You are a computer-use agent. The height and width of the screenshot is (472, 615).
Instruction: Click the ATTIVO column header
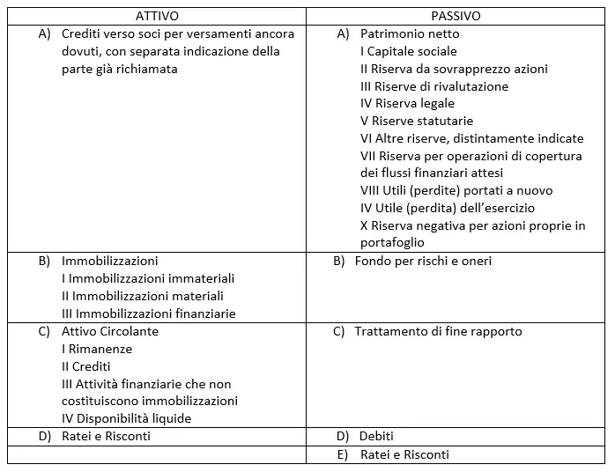[157, 16]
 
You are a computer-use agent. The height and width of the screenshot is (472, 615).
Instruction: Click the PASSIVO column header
[456, 16]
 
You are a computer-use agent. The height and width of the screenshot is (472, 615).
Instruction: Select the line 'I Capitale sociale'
[409, 51]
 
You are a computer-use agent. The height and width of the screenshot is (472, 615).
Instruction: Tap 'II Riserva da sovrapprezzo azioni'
[454, 69]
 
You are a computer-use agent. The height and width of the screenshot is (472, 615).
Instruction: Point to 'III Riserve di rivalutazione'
[434, 86]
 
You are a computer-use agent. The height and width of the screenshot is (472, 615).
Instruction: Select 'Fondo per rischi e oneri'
[423, 261]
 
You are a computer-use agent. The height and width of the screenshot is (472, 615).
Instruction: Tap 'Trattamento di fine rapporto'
[438, 331]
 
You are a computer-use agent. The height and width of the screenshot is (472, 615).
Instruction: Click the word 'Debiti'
[376, 436]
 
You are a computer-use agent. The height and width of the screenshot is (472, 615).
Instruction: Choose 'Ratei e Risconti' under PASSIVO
[404, 454]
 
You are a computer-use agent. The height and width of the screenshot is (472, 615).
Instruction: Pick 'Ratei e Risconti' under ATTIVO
[106, 436]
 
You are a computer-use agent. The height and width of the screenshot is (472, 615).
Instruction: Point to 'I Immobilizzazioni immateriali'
[148, 278]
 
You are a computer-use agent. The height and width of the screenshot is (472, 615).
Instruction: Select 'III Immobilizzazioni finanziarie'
[149, 313]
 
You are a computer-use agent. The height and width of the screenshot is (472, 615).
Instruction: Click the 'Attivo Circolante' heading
[110, 331]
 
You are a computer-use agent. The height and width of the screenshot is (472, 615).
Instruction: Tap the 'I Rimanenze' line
[97, 349]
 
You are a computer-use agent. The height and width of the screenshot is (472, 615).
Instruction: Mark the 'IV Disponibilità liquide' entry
[126, 418]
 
